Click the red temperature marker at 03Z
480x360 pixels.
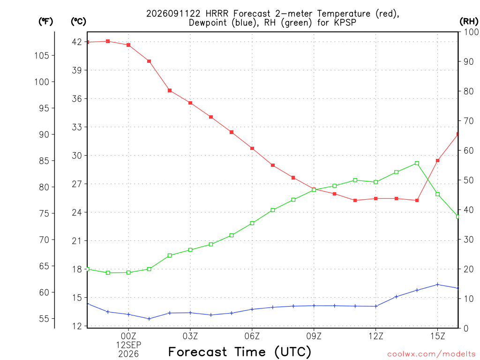tap(190, 103)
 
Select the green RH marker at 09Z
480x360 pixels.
tap(314, 190)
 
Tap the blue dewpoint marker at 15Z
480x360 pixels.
tap(437, 285)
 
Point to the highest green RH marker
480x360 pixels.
tap(417, 163)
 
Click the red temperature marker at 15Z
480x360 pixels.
tap(437, 160)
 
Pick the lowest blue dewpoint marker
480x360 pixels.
tap(149, 319)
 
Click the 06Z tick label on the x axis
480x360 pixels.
tap(252, 336)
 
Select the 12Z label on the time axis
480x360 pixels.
tap(375, 336)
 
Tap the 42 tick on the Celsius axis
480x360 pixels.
tap(77, 42)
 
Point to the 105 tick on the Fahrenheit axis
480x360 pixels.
tap(42, 55)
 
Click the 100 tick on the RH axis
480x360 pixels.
tap(472, 32)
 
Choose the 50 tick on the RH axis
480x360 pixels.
tap(468, 180)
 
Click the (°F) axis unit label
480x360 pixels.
tap(45, 22)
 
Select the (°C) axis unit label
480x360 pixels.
tap(78, 22)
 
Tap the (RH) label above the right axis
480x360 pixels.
tap(469, 22)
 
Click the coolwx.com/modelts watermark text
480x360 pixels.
tap(431, 354)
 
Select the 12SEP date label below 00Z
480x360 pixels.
tap(128, 345)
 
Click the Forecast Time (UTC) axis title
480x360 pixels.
tap(240, 352)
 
